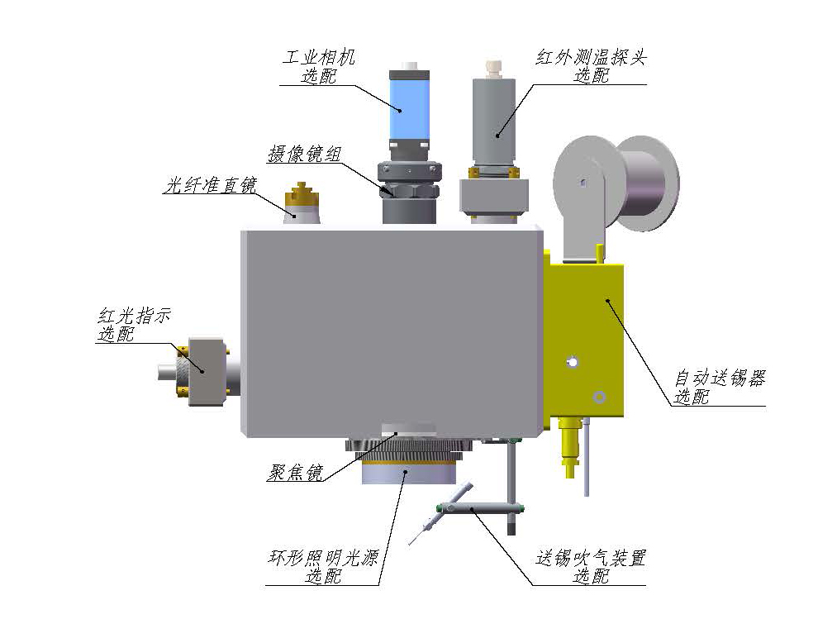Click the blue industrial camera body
click(x=410, y=110)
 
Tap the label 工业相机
click(x=318, y=57)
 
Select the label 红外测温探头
click(x=591, y=57)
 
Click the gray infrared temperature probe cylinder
click(x=493, y=120)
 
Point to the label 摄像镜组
click(x=304, y=154)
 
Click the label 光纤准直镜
click(x=210, y=185)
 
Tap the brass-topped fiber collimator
click(x=302, y=204)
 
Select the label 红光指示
click(x=134, y=316)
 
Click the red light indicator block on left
click(x=207, y=371)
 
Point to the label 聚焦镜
click(x=295, y=473)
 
